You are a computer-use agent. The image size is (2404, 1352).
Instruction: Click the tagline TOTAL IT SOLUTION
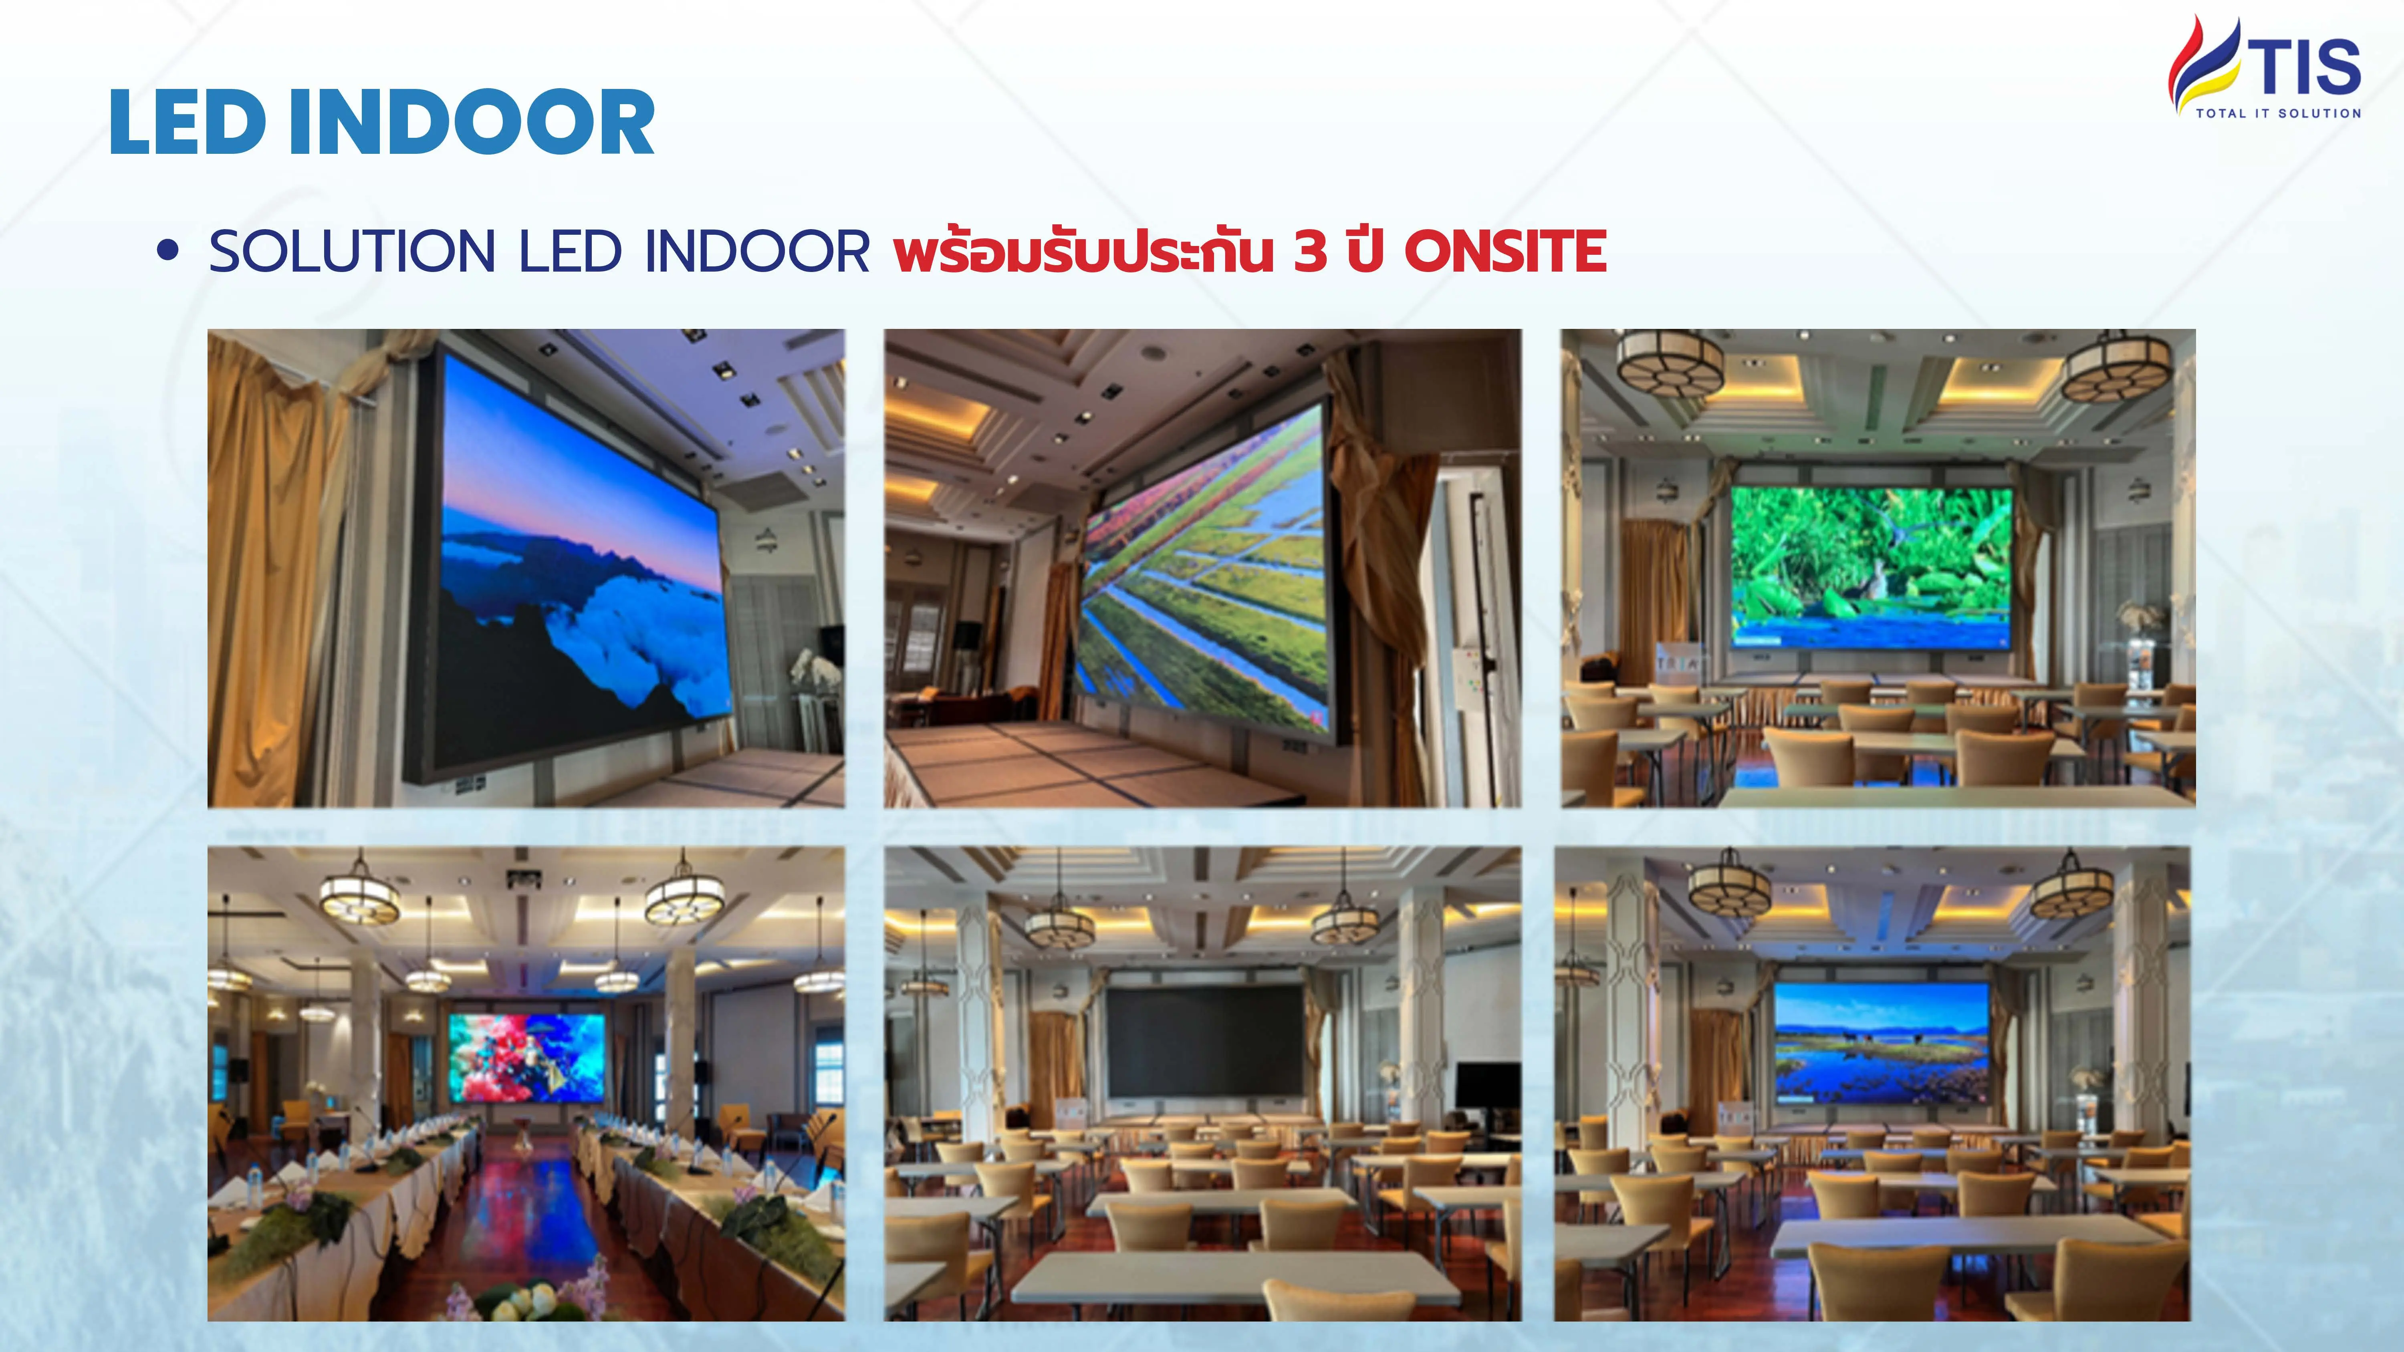tap(2278, 113)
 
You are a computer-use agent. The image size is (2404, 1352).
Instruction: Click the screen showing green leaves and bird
tap(1871, 566)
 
